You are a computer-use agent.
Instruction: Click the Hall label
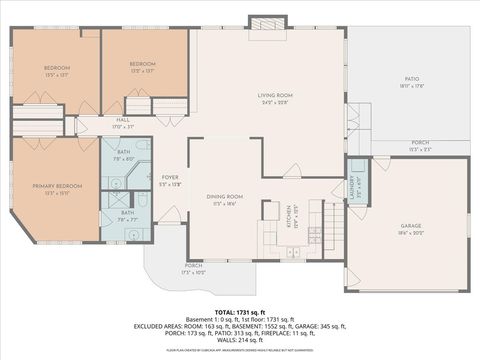122,123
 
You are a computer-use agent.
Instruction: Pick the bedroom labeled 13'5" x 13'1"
54,71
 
